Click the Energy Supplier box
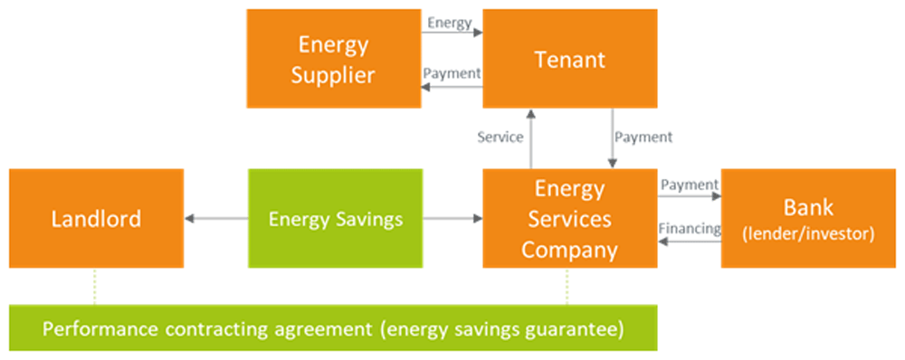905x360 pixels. (x=333, y=59)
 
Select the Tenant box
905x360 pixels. (x=569, y=59)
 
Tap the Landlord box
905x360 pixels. (x=96, y=218)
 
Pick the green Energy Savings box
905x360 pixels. (x=335, y=218)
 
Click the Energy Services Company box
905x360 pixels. (x=569, y=218)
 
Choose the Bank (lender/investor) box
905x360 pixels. (x=807, y=218)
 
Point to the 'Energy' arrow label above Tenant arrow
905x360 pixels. (x=450, y=24)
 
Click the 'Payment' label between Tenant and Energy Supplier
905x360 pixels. (x=452, y=73)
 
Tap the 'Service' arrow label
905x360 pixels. (x=500, y=137)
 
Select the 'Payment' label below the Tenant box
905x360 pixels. (x=643, y=137)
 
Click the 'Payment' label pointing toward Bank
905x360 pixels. (x=689, y=185)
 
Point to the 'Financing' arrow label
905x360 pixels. (x=690, y=229)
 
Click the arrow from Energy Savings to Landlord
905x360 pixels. (x=216, y=218)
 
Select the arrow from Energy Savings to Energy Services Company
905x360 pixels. (x=452, y=218)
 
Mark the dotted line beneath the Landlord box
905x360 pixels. (x=94, y=287)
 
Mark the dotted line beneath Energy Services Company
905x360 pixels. (x=567, y=287)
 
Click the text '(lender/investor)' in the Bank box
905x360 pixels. (x=807, y=234)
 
